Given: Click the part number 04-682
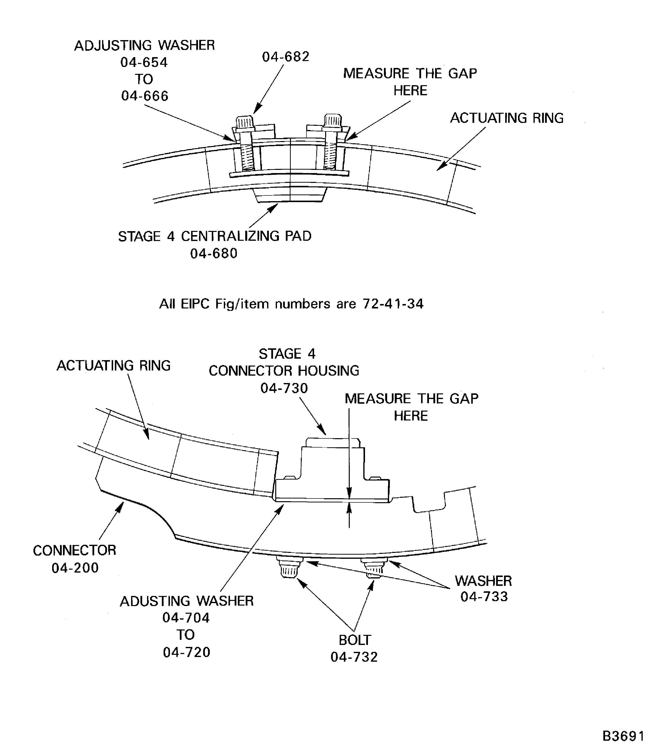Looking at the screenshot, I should pyautogui.click(x=286, y=57).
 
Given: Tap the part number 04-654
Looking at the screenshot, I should pyautogui.click(x=144, y=63).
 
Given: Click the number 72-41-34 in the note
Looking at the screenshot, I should pyautogui.click(x=393, y=304).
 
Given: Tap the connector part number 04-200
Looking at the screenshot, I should pyautogui.click(x=75, y=568).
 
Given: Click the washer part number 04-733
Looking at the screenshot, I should pyautogui.click(x=484, y=597).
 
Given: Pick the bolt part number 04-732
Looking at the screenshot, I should pyautogui.click(x=354, y=657).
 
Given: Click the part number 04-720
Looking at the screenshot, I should pyautogui.click(x=187, y=652).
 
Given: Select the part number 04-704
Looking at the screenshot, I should pyautogui.click(x=186, y=618).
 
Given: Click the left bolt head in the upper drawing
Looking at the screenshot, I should pyautogui.click(x=244, y=122).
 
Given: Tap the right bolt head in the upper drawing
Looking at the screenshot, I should pyautogui.click(x=333, y=120).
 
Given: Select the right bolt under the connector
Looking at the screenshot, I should pyautogui.click(x=374, y=570).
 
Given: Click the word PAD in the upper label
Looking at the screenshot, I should pyautogui.click(x=298, y=236).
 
